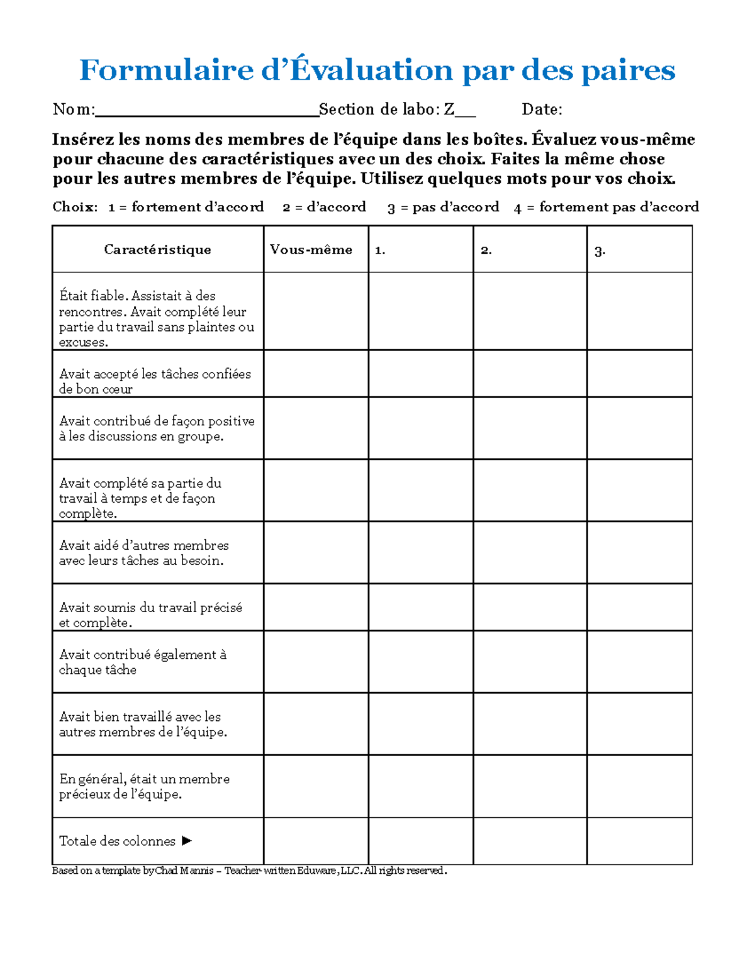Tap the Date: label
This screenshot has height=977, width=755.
pos(542,109)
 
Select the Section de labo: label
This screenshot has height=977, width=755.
pos(379,109)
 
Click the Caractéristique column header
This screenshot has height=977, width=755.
pos(157,250)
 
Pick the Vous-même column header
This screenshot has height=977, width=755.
pos(311,250)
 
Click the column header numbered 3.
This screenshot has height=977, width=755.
pos(600,251)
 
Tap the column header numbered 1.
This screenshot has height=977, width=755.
pos(379,250)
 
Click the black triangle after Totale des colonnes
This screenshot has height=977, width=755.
pos(186,840)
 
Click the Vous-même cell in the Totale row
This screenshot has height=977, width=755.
pos(316,840)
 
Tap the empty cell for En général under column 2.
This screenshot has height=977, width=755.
pos(530,786)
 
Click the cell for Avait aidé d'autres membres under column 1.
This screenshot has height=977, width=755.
pos(420,552)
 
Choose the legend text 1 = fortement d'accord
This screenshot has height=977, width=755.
pos(186,207)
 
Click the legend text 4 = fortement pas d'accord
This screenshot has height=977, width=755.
pos(606,207)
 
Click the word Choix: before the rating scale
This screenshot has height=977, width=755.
pos(75,207)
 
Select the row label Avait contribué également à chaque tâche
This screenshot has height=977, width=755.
pos(143,662)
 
